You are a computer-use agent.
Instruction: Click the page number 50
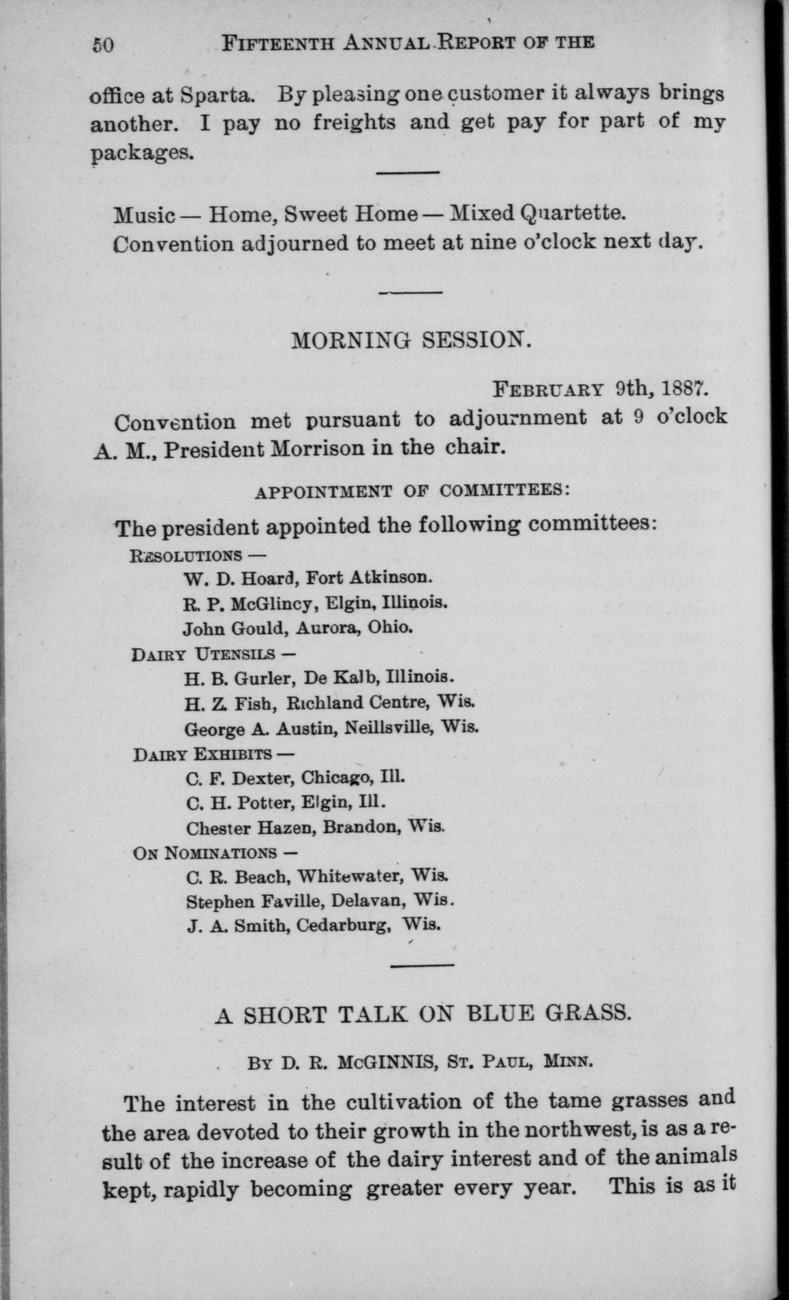(103, 45)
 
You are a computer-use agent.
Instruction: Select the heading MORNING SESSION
(411, 341)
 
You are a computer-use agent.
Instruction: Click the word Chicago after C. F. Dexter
(336, 777)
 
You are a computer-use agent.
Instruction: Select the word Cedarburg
(342, 925)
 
